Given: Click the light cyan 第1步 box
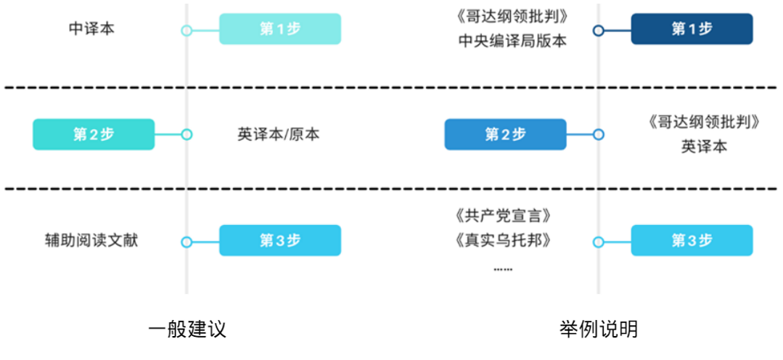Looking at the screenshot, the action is pyautogui.click(x=280, y=29).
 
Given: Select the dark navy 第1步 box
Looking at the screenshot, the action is pyautogui.click(x=692, y=29).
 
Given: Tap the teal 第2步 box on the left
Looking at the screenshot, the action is pyautogui.click(x=94, y=134).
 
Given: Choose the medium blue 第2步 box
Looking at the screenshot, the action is pyautogui.click(x=505, y=134).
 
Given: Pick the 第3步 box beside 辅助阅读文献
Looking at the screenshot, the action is pyautogui.click(x=280, y=241).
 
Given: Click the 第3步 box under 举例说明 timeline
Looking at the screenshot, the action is pyautogui.click(x=692, y=241).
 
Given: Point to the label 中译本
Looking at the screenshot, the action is pyautogui.click(x=91, y=29).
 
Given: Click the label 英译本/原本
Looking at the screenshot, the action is pyautogui.click(x=278, y=134).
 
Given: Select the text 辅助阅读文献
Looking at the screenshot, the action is pyautogui.click(x=91, y=241).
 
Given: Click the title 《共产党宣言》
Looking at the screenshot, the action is pyautogui.click(x=502, y=216).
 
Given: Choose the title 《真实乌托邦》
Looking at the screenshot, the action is pyautogui.click(x=502, y=241).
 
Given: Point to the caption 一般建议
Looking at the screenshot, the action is pyautogui.click(x=187, y=330).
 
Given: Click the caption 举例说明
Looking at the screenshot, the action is pyautogui.click(x=599, y=330).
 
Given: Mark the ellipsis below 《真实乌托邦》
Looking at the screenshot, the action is pyautogui.click(x=502, y=269).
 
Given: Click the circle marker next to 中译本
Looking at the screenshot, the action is pyautogui.click(x=186, y=30).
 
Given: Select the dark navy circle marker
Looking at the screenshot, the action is pyautogui.click(x=598, y=30).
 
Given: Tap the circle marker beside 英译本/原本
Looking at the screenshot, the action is pyautogui.click(x=186, y=134).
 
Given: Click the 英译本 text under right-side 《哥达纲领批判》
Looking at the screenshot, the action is pyautogui.click(x=704, y=147).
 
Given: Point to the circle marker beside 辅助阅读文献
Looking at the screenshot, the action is pyautogui.click(x=186, y=242).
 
